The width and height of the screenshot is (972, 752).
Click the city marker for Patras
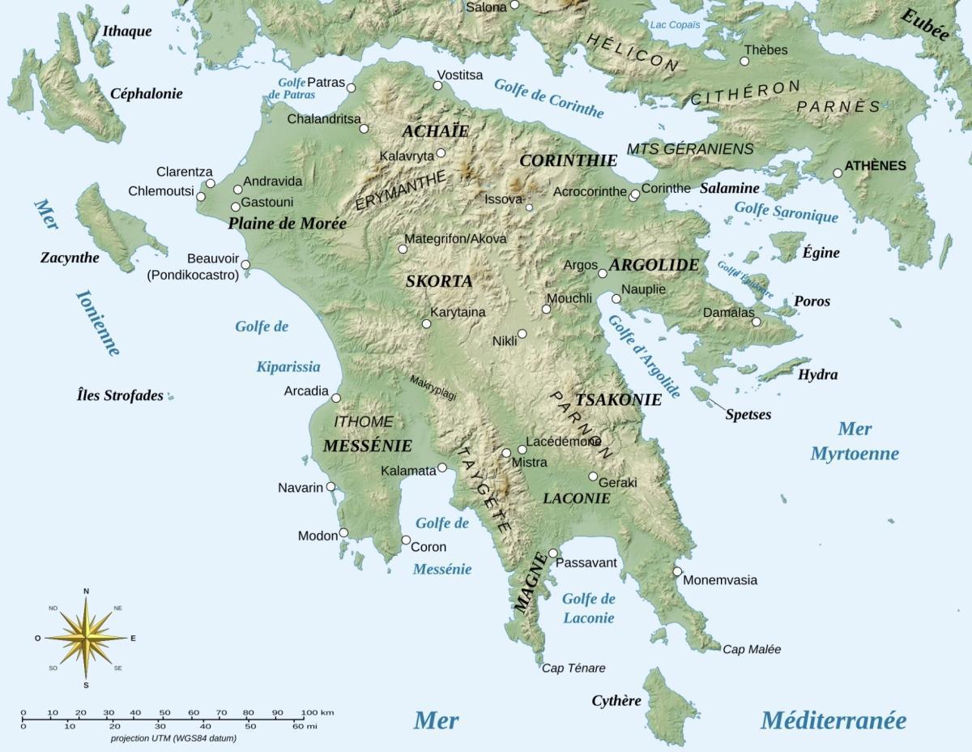(351, 88)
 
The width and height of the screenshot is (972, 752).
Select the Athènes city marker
(838, 173)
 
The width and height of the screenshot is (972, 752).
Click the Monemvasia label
(720, 580)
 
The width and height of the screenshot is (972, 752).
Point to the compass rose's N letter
(86, 591)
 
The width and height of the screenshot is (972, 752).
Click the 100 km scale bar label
(317, 712)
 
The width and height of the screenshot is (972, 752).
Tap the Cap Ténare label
(573, 669)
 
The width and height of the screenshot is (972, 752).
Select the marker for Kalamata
(442, 468)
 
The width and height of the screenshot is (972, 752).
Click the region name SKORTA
(438, 281)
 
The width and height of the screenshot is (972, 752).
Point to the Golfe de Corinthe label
(548, 99)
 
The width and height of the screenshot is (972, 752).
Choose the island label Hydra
(817, 375)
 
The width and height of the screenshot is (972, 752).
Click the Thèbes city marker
(745, 61)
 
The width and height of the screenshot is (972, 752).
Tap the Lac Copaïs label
(674, 25)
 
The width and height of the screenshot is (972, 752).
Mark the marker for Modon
(343, 532)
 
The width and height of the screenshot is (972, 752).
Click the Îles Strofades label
(120, 396)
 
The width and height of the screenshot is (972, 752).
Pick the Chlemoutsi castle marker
(201, 197)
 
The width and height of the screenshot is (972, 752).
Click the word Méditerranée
(833, 720)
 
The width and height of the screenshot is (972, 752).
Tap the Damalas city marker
(757, 322)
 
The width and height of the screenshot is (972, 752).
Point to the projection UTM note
(173, 739)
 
